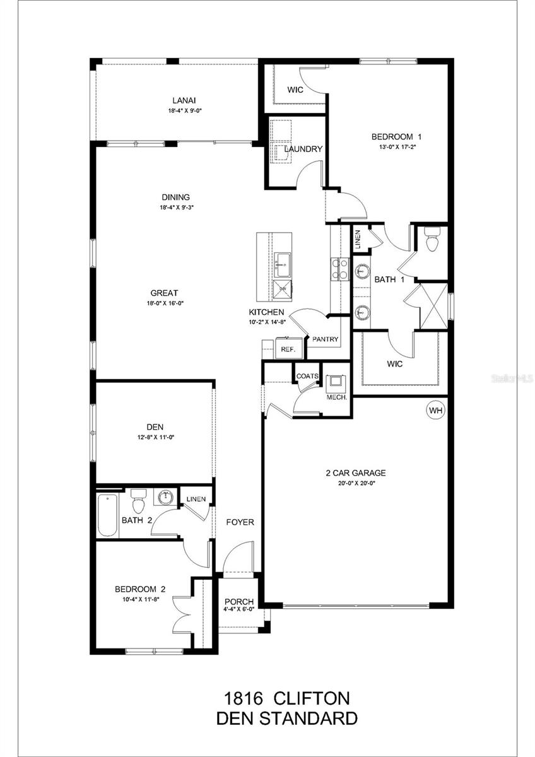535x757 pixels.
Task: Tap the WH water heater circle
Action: [x=435, y=411]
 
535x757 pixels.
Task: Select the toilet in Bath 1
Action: [x=432, y=240]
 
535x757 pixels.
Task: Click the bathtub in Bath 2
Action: [x=108, y=514]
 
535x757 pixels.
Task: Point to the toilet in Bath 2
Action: [x=139, y=503]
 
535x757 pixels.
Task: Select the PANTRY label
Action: [x=325, y=339]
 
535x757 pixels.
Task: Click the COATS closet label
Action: [x=308, y=376]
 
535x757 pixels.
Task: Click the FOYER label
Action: [x=240, y=522]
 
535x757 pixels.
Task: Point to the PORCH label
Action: [x=239, y=601]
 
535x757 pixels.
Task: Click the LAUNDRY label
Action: [x=303, y=150]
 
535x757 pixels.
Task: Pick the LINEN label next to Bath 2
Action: [x=196, y=499]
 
